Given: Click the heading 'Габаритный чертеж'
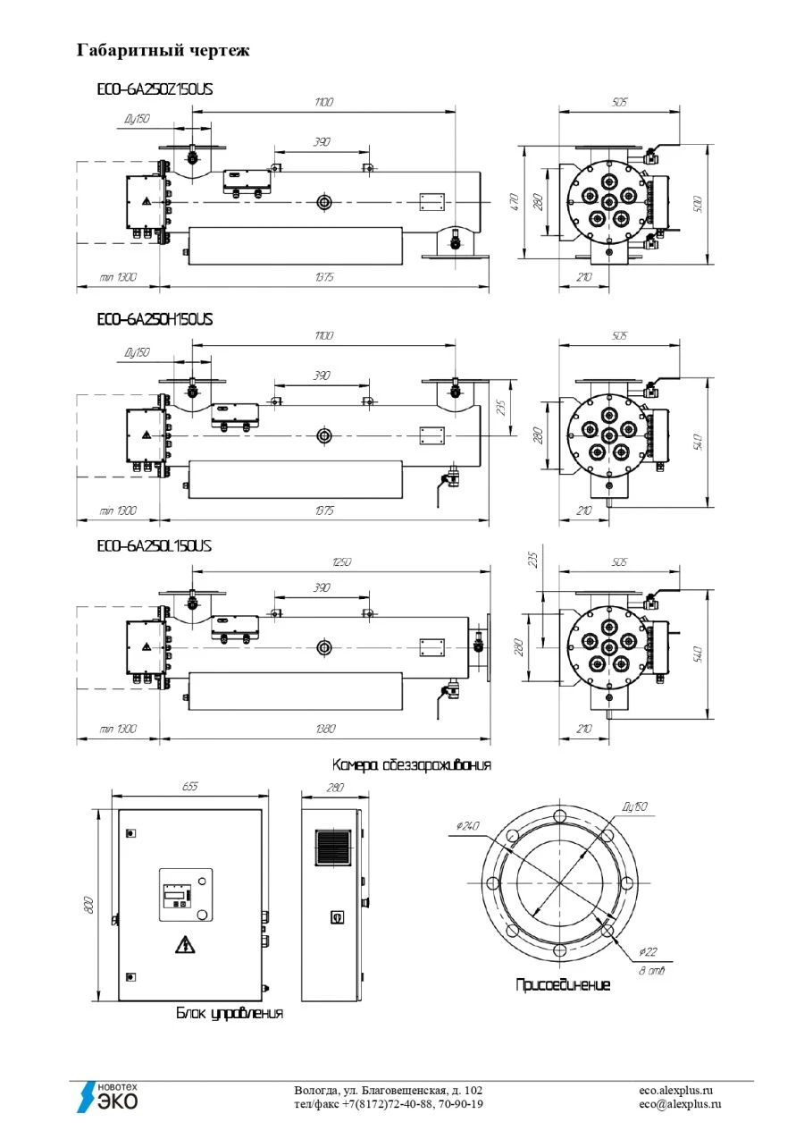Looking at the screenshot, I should (163, 50).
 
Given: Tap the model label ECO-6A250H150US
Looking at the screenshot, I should (155, 319).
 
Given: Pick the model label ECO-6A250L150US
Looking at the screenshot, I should (154, 545).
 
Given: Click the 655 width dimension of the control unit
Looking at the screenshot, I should (189, 786).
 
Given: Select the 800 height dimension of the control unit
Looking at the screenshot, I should (88, 905).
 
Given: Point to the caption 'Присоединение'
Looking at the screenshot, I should (563, 984).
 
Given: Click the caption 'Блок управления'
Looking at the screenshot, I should (230, 1013).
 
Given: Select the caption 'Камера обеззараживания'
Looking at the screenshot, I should (411, 765).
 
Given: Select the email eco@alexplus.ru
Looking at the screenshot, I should (680, 1104).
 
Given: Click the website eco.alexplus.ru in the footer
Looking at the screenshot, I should (676, 1091).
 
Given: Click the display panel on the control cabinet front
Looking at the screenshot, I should (177, 893).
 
